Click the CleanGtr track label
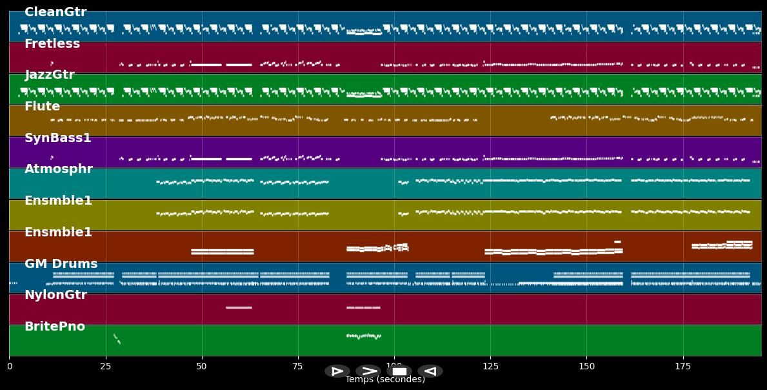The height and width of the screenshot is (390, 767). tap(55, 12)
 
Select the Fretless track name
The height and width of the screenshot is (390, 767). tap(52, 44)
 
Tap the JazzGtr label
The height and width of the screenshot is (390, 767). tap(50, 75)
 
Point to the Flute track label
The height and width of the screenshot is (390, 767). tap(42, 107)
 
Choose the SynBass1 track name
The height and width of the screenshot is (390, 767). tap(58, 138)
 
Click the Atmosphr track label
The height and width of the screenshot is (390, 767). tap(59, 169)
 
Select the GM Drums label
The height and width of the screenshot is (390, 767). tap(61, 264)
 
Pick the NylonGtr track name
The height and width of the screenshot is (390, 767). tap(55, 295)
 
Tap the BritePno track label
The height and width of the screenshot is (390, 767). tap(55, 327)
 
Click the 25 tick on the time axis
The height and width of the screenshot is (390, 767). tap(105, 367)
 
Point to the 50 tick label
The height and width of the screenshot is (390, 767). tap(201, 367)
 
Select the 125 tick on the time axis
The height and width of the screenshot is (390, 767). tap(490, 367)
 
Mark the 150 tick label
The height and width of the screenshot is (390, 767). tap(586, 367)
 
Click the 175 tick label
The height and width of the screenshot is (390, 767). tap(682, 367)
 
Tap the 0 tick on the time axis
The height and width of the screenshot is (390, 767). tap(10, 367)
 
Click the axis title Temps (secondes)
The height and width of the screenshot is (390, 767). tap(385, 380)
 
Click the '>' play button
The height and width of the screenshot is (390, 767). tap(368, 371)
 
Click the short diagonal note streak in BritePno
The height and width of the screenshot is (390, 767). tap(117, 338)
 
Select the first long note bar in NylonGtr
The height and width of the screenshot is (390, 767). tap(239, 307)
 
